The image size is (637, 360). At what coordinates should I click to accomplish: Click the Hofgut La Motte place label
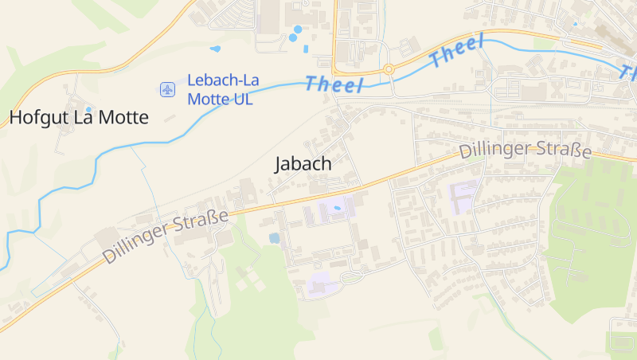click(79, 119)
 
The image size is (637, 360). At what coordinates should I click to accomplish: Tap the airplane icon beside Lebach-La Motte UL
click(167, 89)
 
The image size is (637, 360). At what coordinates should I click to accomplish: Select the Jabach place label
click(303, 164)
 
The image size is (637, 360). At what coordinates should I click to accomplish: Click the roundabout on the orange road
click(389, 69)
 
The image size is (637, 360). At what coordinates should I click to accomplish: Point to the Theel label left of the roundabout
click(334, 83)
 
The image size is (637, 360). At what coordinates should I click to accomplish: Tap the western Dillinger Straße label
click(165, 237)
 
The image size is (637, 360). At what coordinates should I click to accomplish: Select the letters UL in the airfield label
click(242, 100)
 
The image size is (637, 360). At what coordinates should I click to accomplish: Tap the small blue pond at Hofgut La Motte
click(88, 109)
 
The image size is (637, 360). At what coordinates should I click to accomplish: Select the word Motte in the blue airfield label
click(208, 100)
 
